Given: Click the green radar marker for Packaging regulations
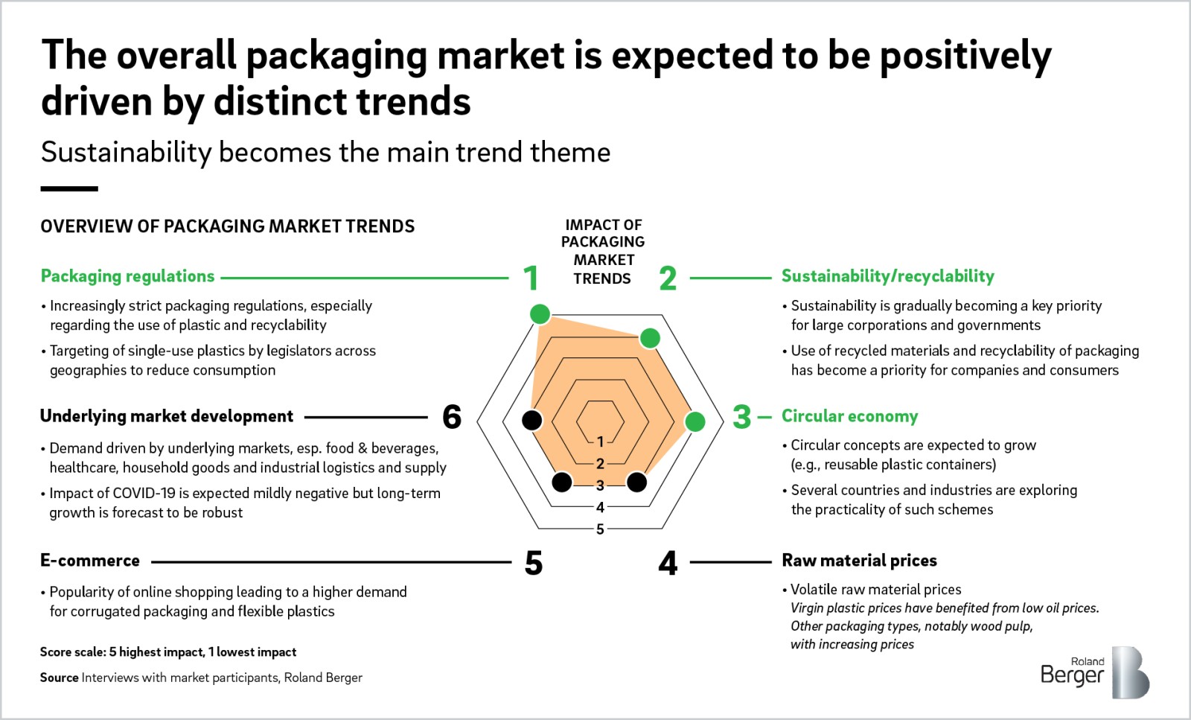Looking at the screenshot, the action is (540, 314).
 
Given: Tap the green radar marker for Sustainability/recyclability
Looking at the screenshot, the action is (651, 338).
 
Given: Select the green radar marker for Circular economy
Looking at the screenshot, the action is (695, 421).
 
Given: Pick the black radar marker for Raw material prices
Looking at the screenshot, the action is (637, 482).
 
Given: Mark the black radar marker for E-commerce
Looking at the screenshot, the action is (562, 482).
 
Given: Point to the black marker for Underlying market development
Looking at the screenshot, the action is (531, 420).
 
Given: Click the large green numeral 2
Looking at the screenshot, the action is (668, 278).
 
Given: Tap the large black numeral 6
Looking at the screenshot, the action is (452, 417).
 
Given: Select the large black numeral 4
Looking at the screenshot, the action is (668, 563).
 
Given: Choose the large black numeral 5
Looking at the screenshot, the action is (534, 563).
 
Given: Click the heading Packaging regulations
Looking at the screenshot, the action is (127, 276).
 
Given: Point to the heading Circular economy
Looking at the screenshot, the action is (849, 415).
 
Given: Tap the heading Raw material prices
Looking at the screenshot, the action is (859, 560).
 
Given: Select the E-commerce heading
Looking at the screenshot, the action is (90, 560).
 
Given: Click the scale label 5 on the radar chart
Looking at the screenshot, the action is (600, 529).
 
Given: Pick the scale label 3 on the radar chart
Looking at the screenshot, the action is (600, 485).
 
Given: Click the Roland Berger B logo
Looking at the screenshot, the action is (1131, 672).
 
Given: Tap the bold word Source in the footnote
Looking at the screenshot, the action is (59, 678).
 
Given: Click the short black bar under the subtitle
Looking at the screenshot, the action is (69, 189).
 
